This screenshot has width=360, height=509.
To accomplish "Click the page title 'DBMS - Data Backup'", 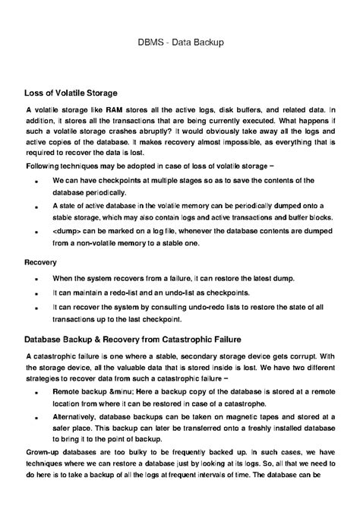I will coord(180,43).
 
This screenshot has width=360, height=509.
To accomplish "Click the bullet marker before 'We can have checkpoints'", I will coord(37,182).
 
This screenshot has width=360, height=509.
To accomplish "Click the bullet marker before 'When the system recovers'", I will coord(37,279).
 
